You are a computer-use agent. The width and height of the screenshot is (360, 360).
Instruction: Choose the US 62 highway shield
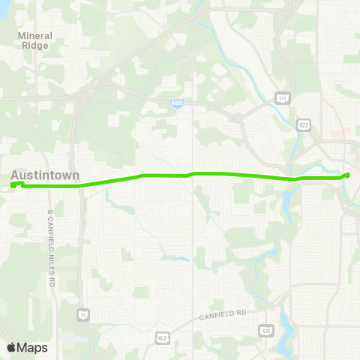point(161,339)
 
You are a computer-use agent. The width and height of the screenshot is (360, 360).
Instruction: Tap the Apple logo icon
point(11,347)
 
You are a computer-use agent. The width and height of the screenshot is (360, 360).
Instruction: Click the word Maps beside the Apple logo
point(32,347)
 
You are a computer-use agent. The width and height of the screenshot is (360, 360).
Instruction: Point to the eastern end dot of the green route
point(347,175)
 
